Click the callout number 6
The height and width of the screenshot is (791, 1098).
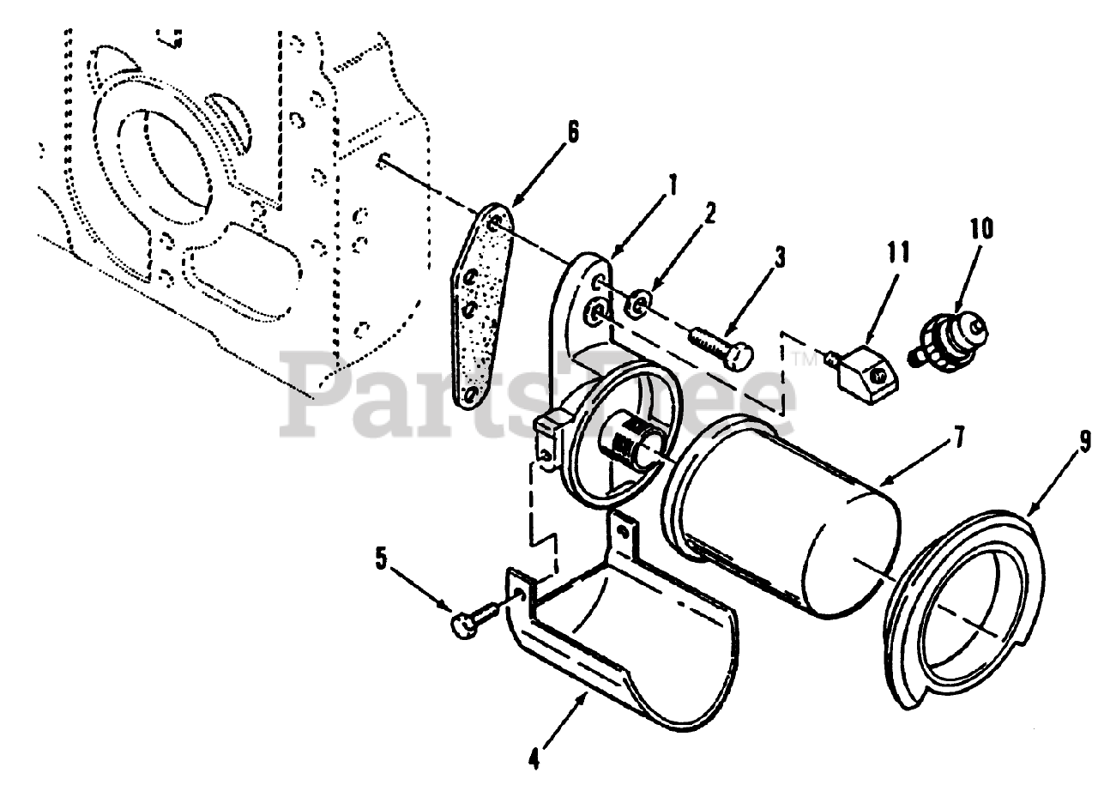pyautogui.click(x=572, y=133)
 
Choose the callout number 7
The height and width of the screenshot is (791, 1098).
pyautogui.click(x=958, y=438)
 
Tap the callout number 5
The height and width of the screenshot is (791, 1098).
pyautogui.click(x=381, y=558)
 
